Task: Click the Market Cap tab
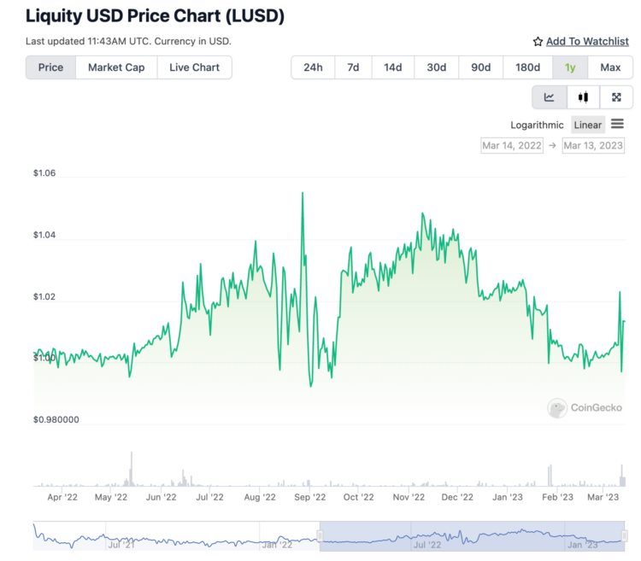tap(116, 67)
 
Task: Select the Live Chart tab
tap(194, 67)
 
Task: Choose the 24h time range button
tap(313, 67)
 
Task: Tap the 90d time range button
tap(481, 67)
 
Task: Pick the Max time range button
tap(610, 67)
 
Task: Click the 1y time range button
tap(570, 67)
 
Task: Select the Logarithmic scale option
tap(537, 125)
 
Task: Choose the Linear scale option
tap(587, 125)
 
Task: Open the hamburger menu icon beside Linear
tap(617, 124)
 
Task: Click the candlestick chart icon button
tap(583, 97)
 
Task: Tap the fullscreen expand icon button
tap(616, 97)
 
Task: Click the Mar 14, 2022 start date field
tap(512, 145)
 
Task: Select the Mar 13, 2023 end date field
tap(593, 145)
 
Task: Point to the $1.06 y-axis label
tap(44, 173)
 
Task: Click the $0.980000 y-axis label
tap(56, 419)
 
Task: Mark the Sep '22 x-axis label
tap(309, 497)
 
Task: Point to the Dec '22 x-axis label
tap(457, 497)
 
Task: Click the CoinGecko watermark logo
tap(585, 408)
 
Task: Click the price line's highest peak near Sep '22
tap(303, 193)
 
